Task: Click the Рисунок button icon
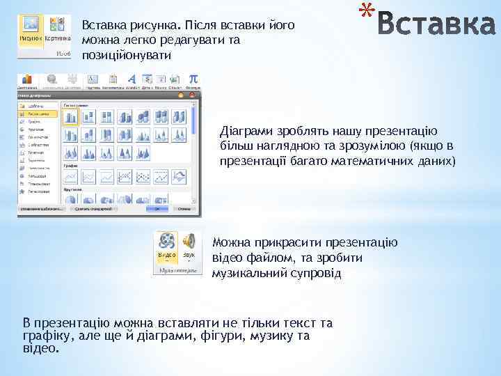click(x=30, y=24)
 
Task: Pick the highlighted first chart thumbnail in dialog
click(x=70, y=117)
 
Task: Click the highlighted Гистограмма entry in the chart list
click(x=38, y=113)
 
